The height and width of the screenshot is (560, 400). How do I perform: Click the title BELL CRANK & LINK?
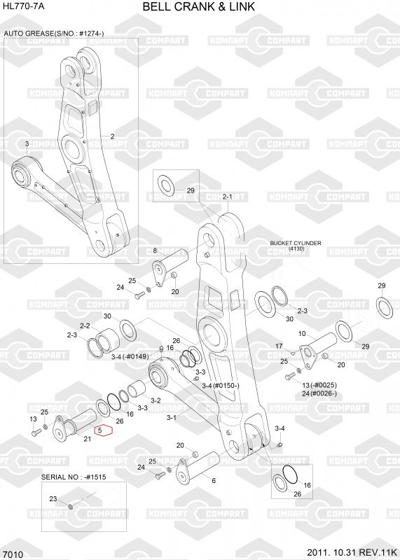coord(199,7)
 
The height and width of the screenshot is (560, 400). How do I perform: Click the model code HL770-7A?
coord(24,6)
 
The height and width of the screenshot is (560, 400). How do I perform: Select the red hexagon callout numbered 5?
coord(103,430)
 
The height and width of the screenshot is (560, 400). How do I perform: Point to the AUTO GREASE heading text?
coord(54,34)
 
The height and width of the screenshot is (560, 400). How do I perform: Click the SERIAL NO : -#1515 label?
coord(74,477)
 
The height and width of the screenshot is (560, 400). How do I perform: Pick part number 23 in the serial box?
coord(53,498)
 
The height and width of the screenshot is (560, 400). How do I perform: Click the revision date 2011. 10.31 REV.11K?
coord(352,552)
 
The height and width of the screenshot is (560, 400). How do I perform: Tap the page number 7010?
coord(15,554)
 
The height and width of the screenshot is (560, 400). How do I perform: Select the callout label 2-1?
coord(228,197)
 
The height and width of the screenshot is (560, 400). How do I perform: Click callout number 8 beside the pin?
coord(155,251)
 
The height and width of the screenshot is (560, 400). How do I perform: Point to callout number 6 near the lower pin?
coord(214,480)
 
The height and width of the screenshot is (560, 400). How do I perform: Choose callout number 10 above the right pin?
coord(302,334)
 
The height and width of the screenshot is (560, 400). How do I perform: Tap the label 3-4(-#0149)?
coord(130,356)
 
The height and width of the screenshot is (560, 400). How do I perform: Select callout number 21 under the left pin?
coord(88,439)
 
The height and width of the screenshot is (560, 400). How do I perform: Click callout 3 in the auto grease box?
coord(27,143)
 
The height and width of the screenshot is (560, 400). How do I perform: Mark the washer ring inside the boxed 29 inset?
coord(165,185)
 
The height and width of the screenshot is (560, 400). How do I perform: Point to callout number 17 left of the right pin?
coord(279,346)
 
